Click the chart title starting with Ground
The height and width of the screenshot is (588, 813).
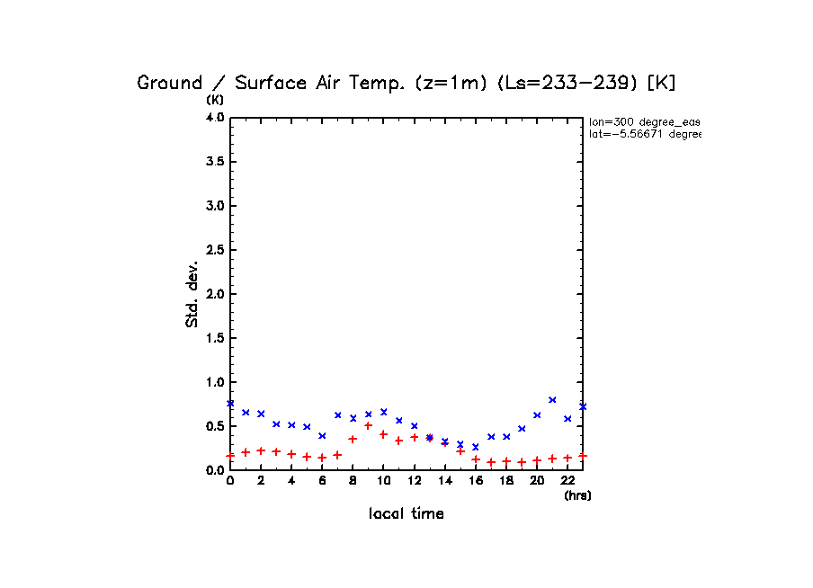[406, 83]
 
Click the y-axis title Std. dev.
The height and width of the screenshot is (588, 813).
[192, 294]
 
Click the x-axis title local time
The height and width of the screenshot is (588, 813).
[406, 514]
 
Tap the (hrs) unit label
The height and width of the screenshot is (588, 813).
[577, 495]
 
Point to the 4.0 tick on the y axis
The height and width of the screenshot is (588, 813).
[215, 118]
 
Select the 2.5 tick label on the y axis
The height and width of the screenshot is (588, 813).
[215, 250]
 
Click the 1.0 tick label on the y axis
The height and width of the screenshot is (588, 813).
[215, 382]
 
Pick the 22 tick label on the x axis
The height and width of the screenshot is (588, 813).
[567, 481]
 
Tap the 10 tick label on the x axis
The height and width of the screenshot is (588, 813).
[383, 481]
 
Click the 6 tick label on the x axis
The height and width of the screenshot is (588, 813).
[322, 481]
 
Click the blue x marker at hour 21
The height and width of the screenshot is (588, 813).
[552, 399]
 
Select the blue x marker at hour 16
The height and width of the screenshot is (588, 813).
[476, 447]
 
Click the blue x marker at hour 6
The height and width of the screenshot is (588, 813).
[322, 435]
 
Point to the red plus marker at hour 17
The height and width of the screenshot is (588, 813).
[491, 462]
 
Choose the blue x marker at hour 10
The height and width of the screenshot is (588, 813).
[383, 412]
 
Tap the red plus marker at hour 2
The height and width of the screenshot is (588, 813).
[261, 450]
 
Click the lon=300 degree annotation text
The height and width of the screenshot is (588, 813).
[644, 121]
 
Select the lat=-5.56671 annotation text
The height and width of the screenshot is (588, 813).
[644, 134]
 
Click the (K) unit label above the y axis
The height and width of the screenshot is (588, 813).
[216, 99]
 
